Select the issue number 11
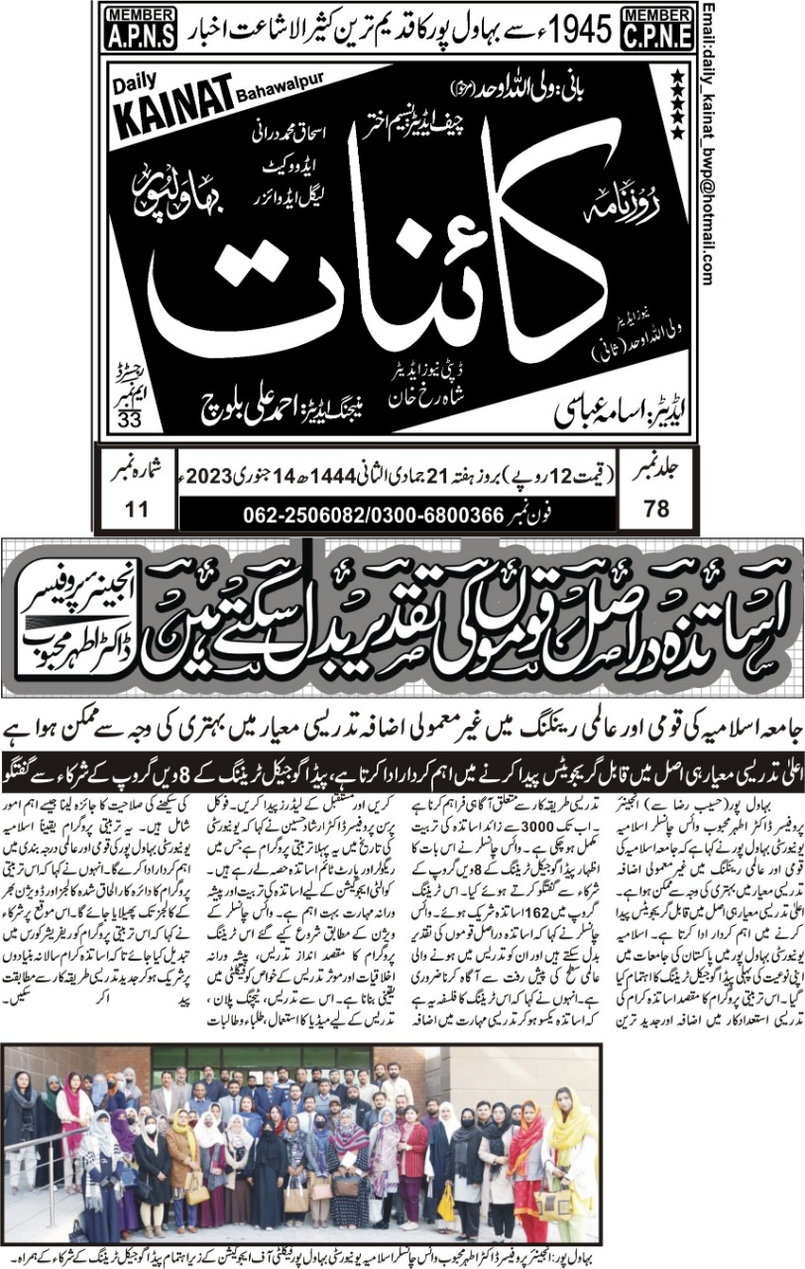click(x=138, y=509)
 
